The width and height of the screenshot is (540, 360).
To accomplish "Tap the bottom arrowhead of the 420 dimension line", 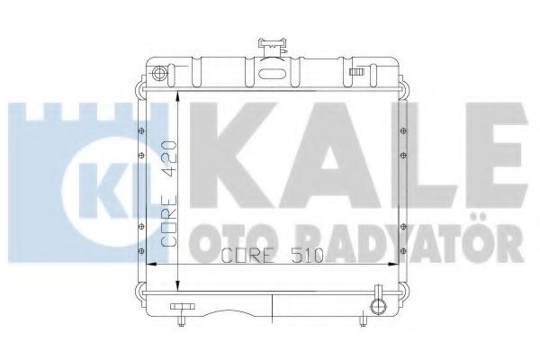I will (184, 285).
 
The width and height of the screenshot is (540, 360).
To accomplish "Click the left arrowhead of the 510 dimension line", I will (151, 263).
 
